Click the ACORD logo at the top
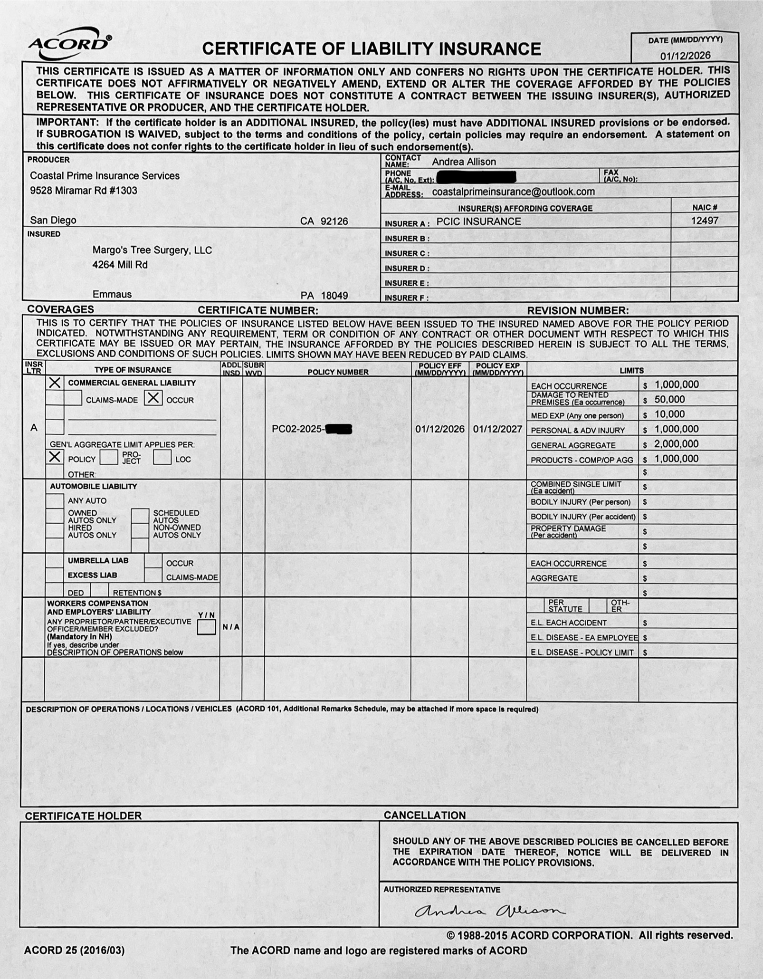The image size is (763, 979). [70, 46]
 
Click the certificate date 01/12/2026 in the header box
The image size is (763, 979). [685, 56]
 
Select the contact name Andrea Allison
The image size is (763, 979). [463, 162]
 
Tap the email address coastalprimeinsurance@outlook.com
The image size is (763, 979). [513, 192]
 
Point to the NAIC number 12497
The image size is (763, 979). [705, 221]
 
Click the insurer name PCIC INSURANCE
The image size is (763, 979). [478, 221]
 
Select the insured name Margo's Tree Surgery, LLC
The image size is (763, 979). [152, 250]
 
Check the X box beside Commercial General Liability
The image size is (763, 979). [55, 383]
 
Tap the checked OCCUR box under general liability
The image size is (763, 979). [153, 398]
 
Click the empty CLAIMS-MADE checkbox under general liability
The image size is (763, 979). [73, 398]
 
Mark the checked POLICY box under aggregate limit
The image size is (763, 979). [55, 457]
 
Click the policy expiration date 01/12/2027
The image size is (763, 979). [497, 429]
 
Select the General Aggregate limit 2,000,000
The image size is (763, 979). [677, 444]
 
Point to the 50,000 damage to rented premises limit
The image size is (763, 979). [669, 399]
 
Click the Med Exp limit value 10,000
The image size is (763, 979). [669, 414]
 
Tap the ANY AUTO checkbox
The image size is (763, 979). [55, 500]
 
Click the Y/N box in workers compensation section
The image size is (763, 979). [206, 627]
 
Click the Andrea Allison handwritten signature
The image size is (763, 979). [489, 911]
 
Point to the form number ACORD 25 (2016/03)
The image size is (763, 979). [75, 950]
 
